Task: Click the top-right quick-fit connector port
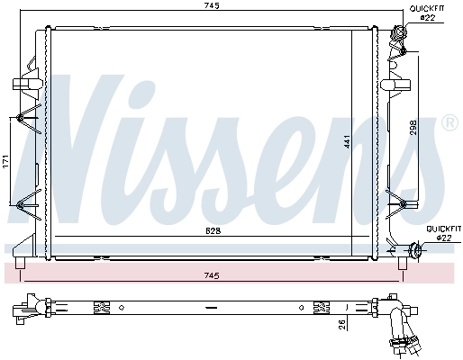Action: [400, 37]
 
